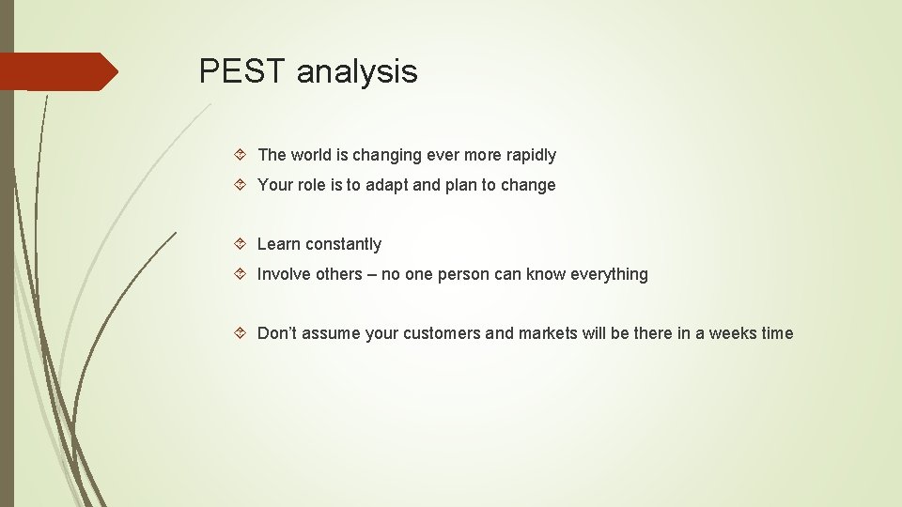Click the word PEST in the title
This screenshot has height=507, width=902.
coord(242,71)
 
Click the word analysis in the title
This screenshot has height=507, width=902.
coord(357,72)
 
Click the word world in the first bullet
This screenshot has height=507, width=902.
coord(313,155)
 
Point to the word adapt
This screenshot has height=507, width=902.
coord(387,185)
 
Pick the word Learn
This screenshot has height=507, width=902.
coord(278,244)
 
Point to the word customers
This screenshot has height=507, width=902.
coord(441,333)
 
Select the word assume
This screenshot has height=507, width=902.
coord(332,333)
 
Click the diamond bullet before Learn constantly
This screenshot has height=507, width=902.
coord(241,244)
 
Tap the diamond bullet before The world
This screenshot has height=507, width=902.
coord(241,155)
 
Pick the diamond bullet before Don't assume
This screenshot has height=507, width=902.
coord(241,333)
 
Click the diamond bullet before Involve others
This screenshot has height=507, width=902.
coord(241,274)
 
